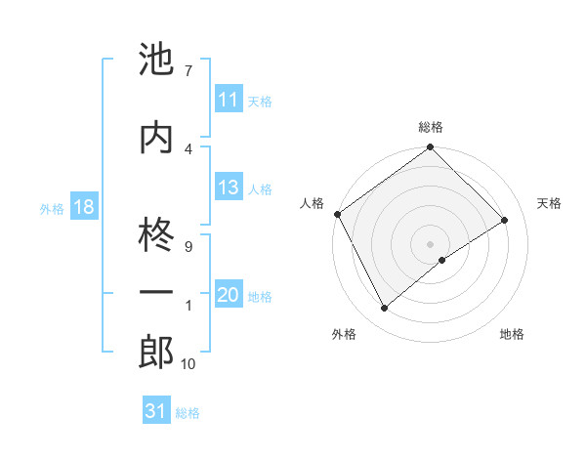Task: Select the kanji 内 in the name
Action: tap(157, 138)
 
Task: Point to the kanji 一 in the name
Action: tap(157, 293)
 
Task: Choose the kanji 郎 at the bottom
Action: tap(157, 353)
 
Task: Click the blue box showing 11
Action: tap(229, 100)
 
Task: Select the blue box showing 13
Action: tap(229, 188)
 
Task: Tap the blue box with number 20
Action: tap(229, 296)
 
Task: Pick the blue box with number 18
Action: tap(83, 208)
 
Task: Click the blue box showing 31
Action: tap(156, 412)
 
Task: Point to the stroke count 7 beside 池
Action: tap(188, 70)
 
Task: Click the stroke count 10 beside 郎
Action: tap(188, 364)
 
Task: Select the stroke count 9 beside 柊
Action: tap(188, 246)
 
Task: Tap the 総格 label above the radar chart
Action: tap(430, 127)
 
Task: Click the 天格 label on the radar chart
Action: tap(550, 203)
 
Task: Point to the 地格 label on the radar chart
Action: tap(512, 334)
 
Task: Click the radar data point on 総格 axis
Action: tap(430, 148)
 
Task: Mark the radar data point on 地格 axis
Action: tap(442, 260)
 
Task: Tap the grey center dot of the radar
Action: tap(430, 242)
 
